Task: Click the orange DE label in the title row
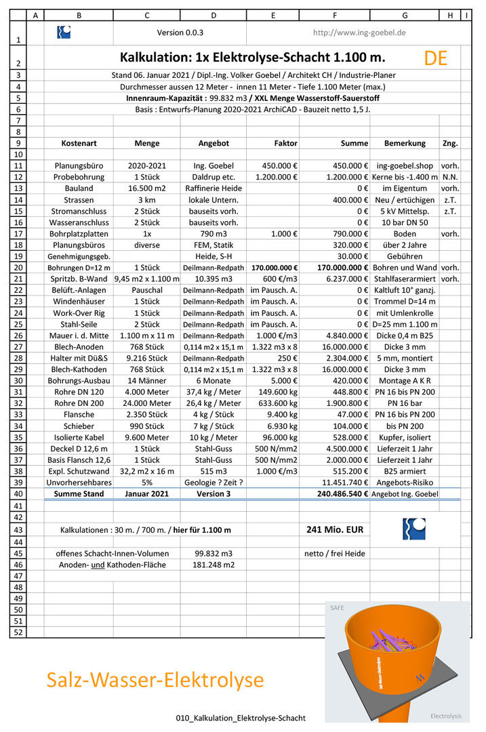pos(436,58)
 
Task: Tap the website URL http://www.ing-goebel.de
pos(359,33)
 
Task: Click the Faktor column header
pos(285,143)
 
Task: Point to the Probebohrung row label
pos(79,176)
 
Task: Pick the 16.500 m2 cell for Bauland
pos(147,188)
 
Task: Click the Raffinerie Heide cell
pos(214,188)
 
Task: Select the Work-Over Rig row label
pos(79,313)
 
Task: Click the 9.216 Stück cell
pos(147,358)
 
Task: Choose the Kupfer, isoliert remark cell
pos(405,437)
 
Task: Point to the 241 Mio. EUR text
pos(334,529)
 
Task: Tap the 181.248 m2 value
pos(214,564)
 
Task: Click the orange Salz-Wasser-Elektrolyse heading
pos(155,679)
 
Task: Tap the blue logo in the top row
pos(64,33)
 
